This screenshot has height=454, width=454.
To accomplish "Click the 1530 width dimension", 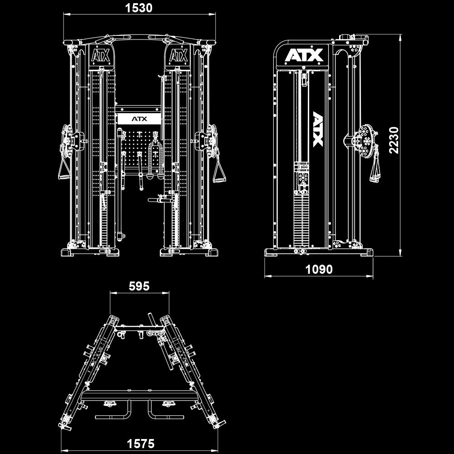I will tap(139, 8).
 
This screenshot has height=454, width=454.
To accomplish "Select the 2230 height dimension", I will tap(394, 140).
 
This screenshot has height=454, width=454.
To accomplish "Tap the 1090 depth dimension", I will tap(319, 269).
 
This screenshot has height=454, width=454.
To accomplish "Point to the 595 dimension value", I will tap(139, 286).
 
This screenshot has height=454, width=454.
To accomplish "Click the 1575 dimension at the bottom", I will tap(140, 444).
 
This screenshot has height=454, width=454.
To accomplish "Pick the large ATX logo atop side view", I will tap(304, 55).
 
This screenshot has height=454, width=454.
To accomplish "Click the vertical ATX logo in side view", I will tap(318, 129).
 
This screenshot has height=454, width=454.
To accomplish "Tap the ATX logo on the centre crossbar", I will tap(139, 119).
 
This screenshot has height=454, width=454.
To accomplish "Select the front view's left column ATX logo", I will tap(100, 56).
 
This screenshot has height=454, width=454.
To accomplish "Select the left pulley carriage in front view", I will tap(73, 138).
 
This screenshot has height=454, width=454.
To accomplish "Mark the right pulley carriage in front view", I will tap(207, 138).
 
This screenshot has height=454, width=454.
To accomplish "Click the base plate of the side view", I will tap(319, 252).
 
